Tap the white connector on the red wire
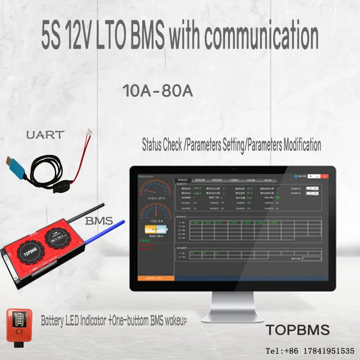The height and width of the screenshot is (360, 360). [x=91, y=132]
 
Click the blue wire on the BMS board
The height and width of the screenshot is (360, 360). [x=106, y=229]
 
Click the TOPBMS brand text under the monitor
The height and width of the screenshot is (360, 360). [x=297, y=330]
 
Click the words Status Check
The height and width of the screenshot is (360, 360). [x=164, y=145]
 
